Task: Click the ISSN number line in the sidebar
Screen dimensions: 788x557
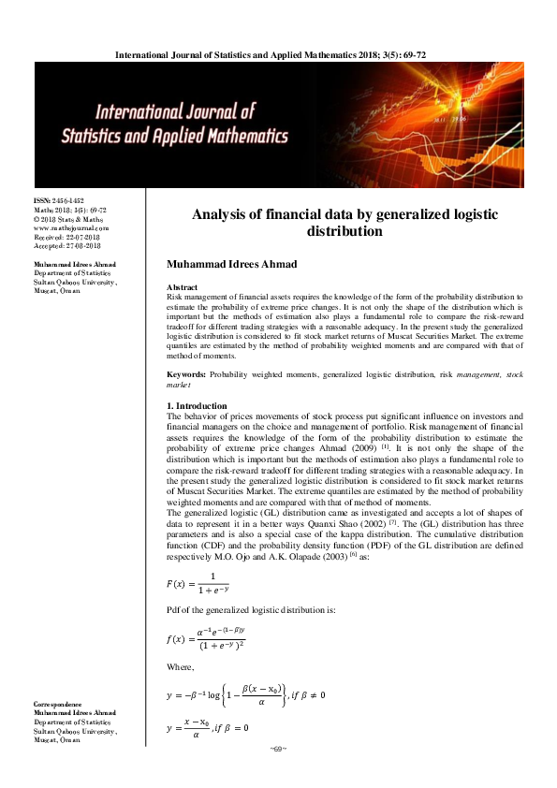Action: [x=59, y=201]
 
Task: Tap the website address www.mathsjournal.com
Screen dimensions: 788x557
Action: [x=71, y=227]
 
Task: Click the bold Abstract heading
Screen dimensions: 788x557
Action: [x=181, y=286]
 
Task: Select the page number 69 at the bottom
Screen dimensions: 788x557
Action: [x=276, y=749]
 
